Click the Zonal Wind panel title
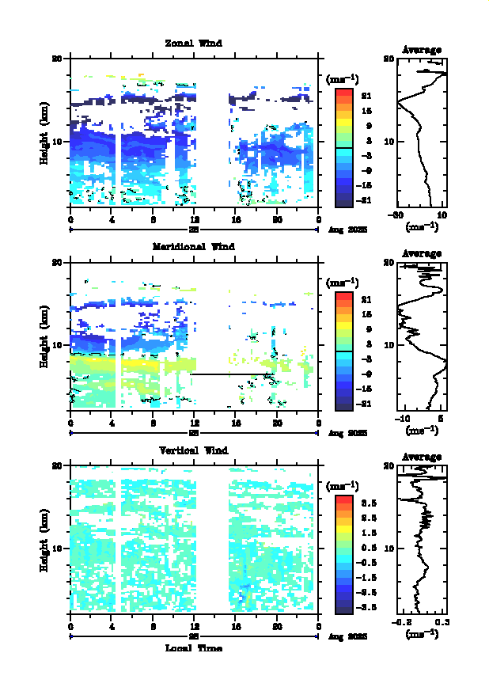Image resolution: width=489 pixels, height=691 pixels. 193,44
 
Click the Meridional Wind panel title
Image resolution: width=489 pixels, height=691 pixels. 193,247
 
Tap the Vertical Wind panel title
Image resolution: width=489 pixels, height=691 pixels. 193,450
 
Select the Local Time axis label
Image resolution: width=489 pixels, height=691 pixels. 193,647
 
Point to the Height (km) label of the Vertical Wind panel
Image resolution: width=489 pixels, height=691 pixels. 45,538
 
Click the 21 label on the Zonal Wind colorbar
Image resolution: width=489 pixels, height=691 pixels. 366,96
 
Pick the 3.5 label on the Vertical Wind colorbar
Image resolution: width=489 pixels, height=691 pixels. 367,503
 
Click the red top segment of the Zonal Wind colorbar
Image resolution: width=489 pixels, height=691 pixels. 343,93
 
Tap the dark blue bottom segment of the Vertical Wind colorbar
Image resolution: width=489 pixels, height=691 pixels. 343,608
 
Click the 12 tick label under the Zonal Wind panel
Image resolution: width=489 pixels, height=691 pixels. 195,220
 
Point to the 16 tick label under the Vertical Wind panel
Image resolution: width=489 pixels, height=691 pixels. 236,627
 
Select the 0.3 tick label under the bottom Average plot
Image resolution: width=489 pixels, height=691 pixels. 441,622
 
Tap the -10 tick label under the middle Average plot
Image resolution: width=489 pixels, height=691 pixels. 403,419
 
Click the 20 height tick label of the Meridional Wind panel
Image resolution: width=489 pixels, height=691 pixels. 57,263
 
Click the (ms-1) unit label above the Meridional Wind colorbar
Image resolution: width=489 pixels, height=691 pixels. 343,283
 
